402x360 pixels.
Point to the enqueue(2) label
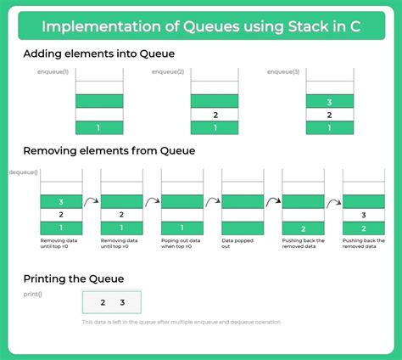tap(168, 72)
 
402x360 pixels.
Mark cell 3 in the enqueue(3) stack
tap(330, 100)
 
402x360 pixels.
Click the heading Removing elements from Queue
tap(109, 151)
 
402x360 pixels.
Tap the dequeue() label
tap(23, 172)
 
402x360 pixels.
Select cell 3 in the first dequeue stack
tap(61, 201)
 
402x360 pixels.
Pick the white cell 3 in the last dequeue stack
tap(365, 215)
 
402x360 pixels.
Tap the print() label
tap(34, 295)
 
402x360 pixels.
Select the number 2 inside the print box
tap(102, 302)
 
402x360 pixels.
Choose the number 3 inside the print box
tap(122, 302)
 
